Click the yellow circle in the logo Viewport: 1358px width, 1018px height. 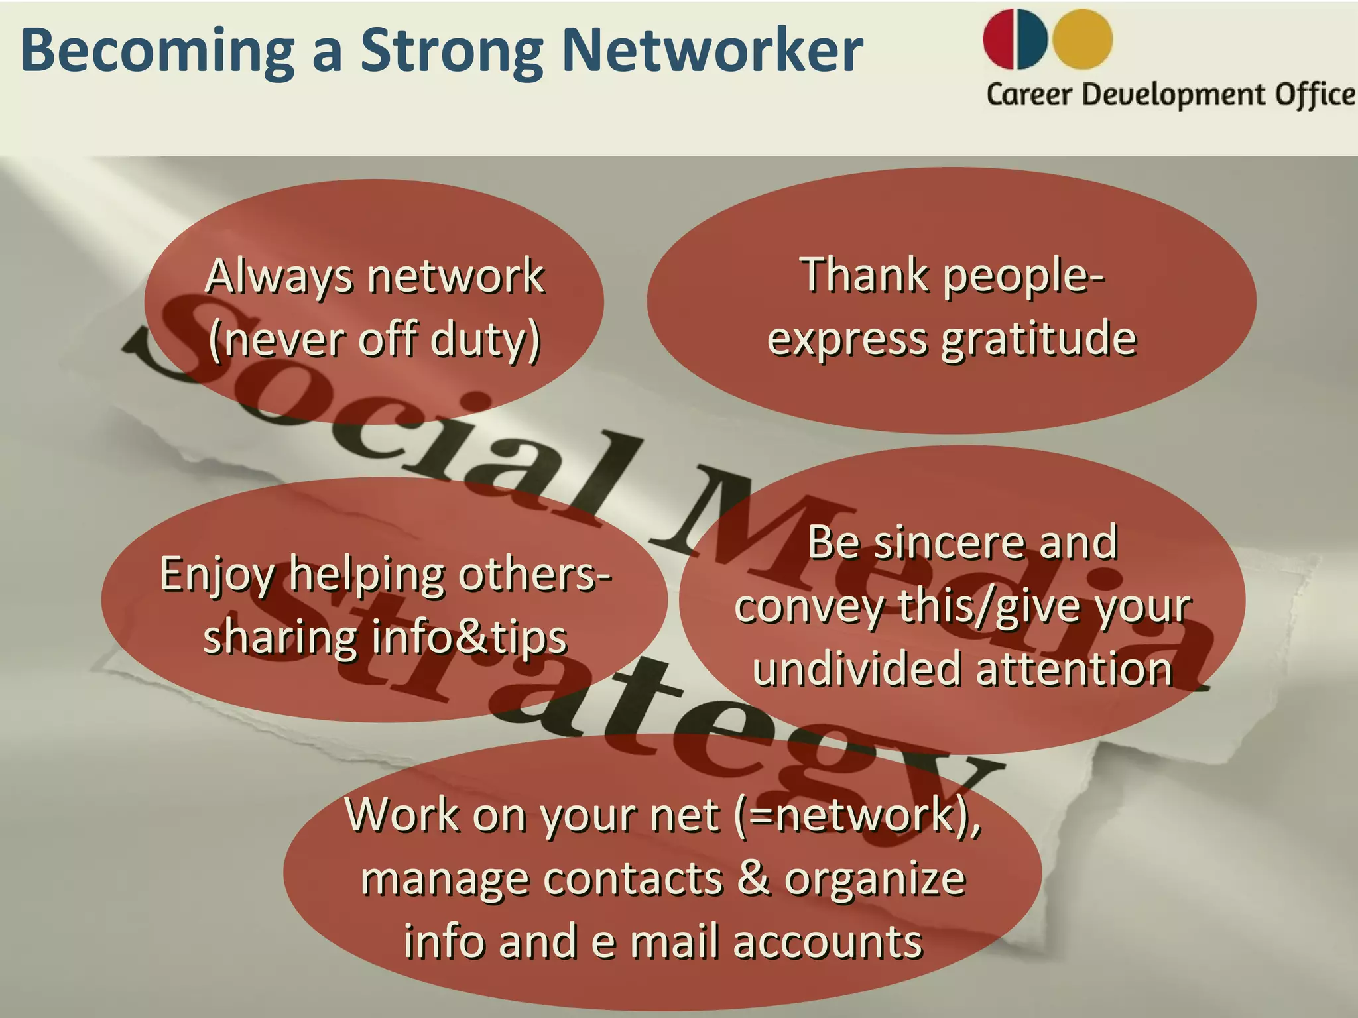1083,38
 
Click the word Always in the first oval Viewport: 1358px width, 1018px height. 279,277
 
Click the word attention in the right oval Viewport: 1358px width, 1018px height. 1074,669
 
